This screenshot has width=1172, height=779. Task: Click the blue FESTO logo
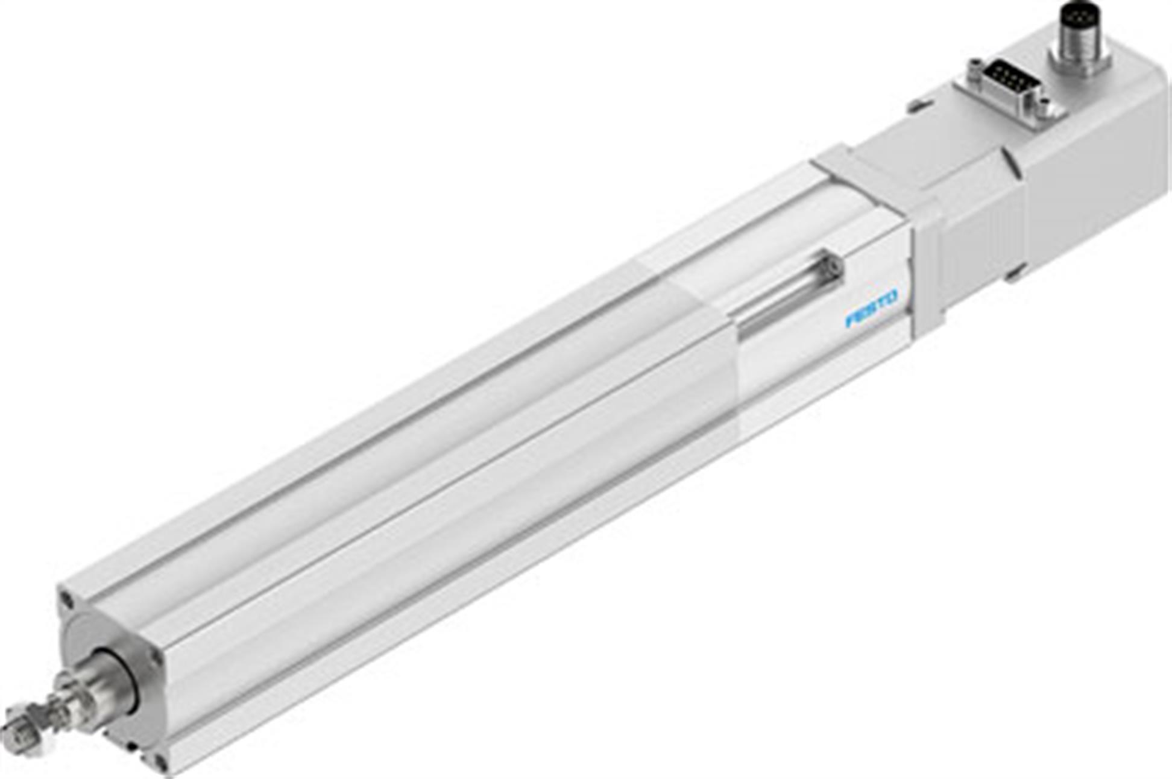tap(872, 308)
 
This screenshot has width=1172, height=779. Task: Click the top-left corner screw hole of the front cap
tap(66, 599)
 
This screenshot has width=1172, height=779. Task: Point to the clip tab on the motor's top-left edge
tap(916, 107)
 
